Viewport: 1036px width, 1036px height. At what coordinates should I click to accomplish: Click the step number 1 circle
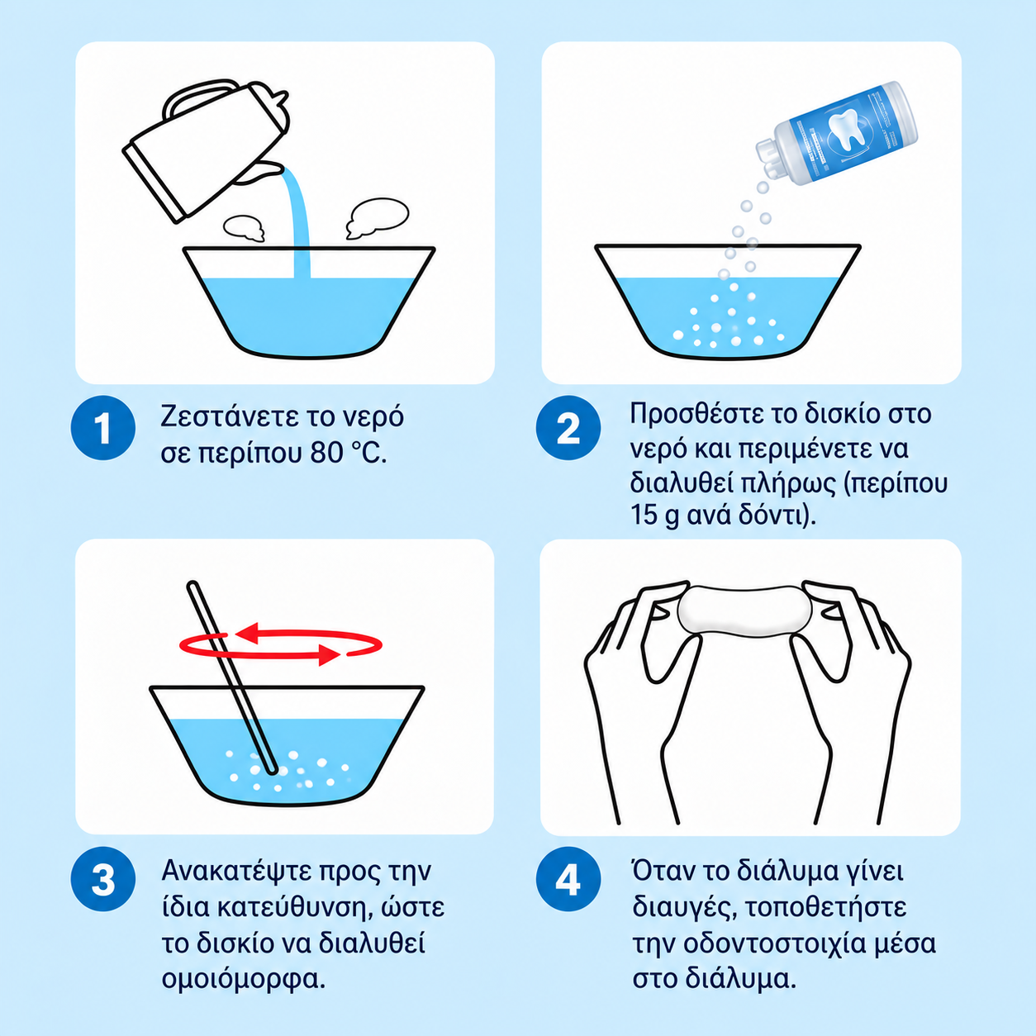pyautogui.click(x=102, y=428)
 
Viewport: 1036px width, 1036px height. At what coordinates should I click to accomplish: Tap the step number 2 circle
pyautogui.click(x=568, y=428)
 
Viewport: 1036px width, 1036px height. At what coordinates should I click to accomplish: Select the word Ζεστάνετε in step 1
pyautogui.click(x=224, y=416)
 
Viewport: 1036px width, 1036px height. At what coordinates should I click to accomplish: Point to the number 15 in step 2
pyautogui.click(x=644, y=515)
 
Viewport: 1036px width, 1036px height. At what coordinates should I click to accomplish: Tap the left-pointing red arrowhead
pyautogui.click(x=248, y=634)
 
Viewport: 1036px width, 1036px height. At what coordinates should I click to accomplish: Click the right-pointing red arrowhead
pyautogui.click(x=329, y=654)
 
